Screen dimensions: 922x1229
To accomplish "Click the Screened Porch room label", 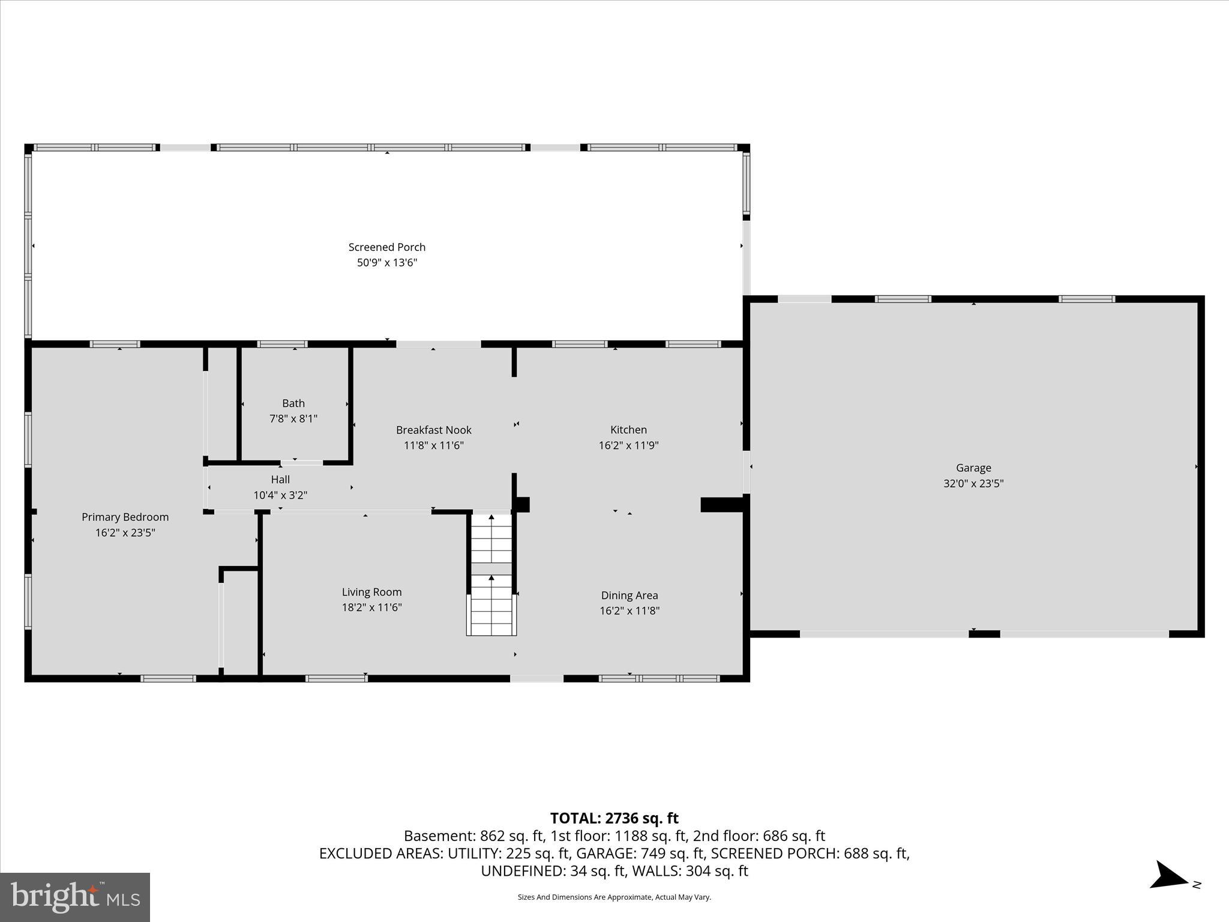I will click(386, 247).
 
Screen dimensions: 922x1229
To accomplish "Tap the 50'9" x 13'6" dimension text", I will click(386, 262).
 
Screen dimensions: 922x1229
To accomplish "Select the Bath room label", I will click(293, 403).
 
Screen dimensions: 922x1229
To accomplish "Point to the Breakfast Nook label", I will click(433, 430).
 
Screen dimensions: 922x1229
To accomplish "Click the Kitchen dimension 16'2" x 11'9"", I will click(628, 445).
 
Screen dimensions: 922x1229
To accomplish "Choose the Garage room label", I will click(973, 468).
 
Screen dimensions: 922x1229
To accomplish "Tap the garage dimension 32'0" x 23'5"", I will click(973, 483).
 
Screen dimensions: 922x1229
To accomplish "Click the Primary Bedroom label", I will click(125, 517).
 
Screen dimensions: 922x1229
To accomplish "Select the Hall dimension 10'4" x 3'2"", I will click(280, 495).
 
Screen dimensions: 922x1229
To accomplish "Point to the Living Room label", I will click(371, 592).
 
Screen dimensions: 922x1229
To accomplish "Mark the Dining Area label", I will click(630, 595).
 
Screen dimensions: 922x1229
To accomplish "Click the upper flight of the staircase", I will click(491, 538).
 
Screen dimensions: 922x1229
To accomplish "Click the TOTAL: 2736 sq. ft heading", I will click(614, 818).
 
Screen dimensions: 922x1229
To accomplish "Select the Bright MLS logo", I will click(75, 897).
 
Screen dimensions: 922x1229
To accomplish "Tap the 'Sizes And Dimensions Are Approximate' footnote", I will click(614, 897).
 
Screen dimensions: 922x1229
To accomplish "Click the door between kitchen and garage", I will click(747, 472).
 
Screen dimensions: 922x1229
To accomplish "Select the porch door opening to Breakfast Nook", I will click(438, 344).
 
